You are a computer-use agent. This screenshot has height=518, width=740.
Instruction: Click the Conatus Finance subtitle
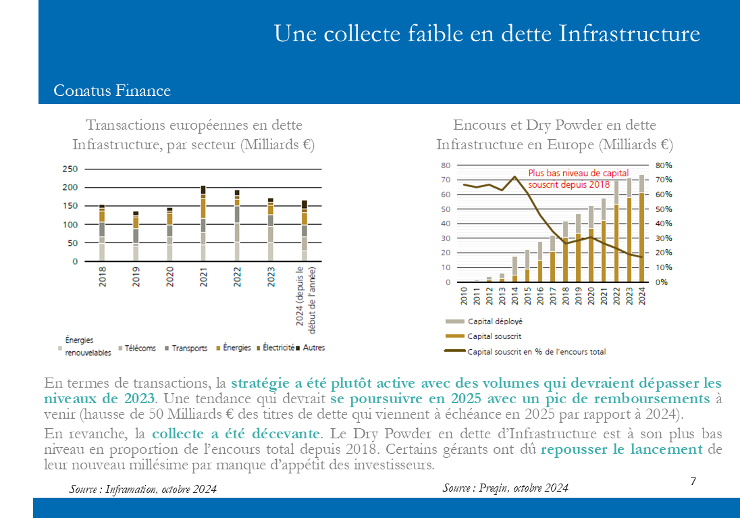pos(112,90)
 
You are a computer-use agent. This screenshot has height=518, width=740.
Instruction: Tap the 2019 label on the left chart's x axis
pos(136,277)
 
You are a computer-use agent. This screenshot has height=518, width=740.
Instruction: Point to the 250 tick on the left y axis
pos(70,169)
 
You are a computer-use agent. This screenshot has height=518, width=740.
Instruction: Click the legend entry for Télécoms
pos(137,348)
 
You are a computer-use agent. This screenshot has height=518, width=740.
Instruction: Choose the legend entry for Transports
pos(186,348)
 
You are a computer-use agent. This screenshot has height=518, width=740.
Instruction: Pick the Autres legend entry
pos(311,348)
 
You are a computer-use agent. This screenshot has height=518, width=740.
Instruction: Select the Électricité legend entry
pos(275,348)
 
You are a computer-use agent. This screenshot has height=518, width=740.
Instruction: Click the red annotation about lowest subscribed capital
pos(578,178)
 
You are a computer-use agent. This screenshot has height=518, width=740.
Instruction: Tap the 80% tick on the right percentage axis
pos(664,165)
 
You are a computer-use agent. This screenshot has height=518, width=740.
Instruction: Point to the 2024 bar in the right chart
pos(642,228)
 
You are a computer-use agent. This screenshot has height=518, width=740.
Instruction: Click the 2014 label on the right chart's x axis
pos(515,296)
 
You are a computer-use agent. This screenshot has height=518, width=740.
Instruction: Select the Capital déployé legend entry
pos(484,321)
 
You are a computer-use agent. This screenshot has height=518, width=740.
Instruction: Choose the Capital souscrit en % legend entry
pos(525,351)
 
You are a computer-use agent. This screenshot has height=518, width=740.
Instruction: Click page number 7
pos(693,481)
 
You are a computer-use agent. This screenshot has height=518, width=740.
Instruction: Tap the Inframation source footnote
pos(143,489)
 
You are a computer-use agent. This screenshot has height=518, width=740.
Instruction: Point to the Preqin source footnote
pos(506,488)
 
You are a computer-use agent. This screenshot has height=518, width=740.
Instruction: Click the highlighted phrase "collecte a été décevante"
pos(236,433)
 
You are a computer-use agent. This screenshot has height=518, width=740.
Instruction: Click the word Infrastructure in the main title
pos(629,34)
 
